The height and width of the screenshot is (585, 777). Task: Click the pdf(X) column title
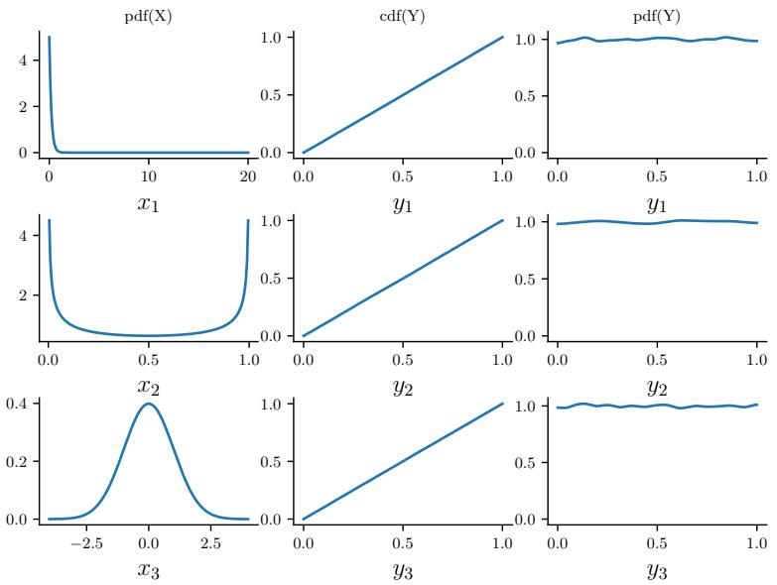pyautogui.click(x=148, y=17)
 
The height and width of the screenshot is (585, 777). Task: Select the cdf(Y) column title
pyautogui.click(x=402, y=17)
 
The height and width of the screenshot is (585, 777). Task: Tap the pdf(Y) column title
pyautogui.click(x=657, y=17)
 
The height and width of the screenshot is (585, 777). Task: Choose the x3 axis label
pyautogui.click(x=148, y=569)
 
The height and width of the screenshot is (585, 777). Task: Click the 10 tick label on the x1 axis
pyautogui.click(x=148, y=175)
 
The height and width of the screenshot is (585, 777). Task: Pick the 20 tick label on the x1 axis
pyautogui.click(x=247, y=175)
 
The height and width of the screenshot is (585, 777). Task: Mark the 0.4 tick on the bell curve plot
pyautogui.click(x=26, y=404)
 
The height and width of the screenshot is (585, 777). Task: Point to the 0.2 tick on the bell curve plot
pyautogui.click(x=26, y=461)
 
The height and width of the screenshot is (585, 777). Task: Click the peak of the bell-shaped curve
pyautogui.click(x=148, y=404)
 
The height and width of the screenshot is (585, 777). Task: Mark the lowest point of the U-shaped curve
pyautogui.click(x=148, y=335)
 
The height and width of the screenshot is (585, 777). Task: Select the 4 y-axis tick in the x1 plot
pyautogui.click(x=33, y=59)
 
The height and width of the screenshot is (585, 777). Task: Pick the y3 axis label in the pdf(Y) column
pyautogui.click(x=657, y=569)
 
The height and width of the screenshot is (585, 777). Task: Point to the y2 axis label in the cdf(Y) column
pyautogui.click(x=402, y=386)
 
